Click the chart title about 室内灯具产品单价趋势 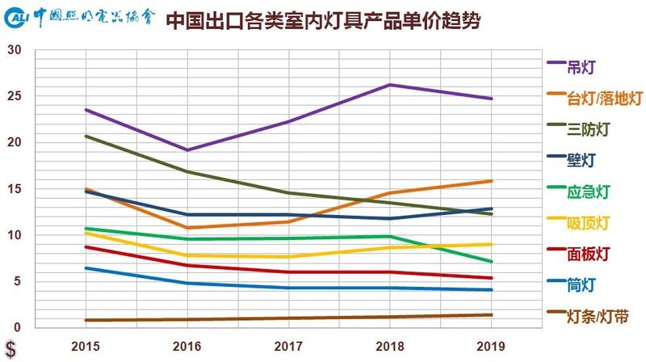coord(323,20)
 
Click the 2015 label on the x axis coord(85,345)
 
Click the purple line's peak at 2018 coord(389,85)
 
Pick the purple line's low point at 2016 coord(187,149)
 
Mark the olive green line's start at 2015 coord(86,136)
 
